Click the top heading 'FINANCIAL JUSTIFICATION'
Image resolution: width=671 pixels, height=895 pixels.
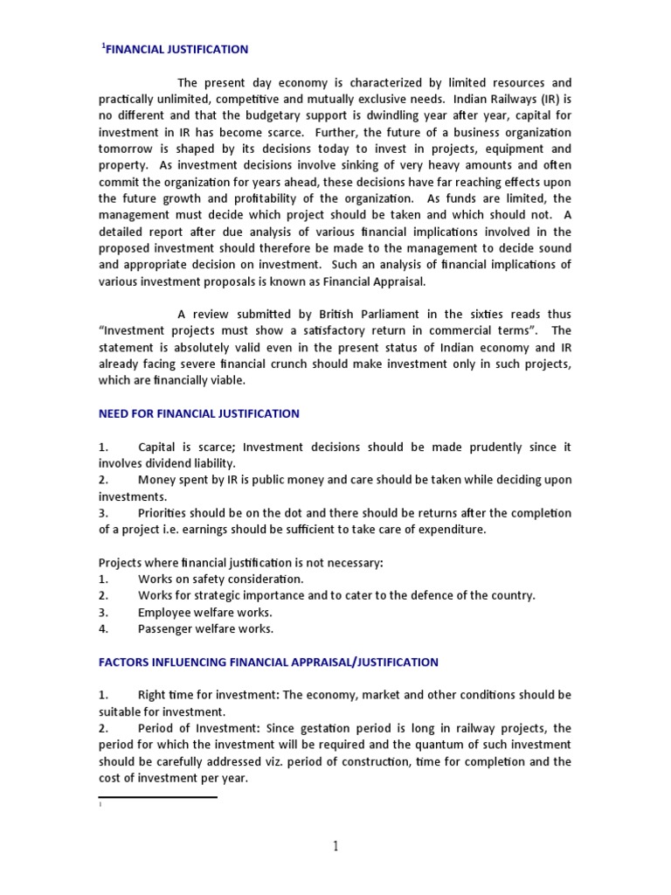click(x=177, y=50)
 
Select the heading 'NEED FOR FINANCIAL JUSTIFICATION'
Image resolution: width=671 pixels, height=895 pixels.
click(x=198, y=413)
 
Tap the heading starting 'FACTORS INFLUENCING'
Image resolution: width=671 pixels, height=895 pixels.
click(x=268, y=662)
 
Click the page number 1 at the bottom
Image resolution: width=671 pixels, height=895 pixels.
click(x=335, y=845)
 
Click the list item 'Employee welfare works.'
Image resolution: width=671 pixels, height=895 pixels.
click(x=205, y=612)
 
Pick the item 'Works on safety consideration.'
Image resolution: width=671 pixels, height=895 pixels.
click(x=221, y=579)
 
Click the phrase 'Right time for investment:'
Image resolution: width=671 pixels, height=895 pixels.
click(x=208, y=695)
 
